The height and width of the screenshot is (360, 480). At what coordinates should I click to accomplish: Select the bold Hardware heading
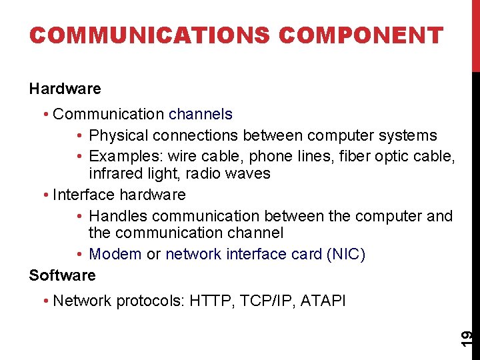tap(65, 89)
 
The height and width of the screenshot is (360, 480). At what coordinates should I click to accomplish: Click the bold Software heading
tap(62, 275)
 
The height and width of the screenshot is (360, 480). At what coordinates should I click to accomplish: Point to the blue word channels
tap(201, 114)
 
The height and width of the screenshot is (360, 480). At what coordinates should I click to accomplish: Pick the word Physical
tap(119, 135)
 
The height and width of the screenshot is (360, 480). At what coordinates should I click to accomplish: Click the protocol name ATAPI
tap(323, 301)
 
